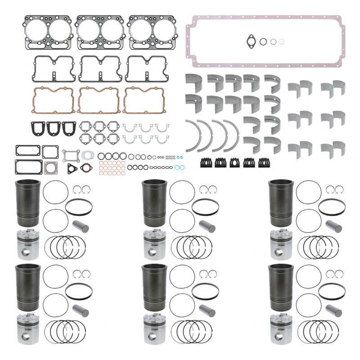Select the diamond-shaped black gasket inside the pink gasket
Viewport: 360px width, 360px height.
(x=251, y=41)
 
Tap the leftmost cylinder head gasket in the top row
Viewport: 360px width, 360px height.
(x=48, y=32)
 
